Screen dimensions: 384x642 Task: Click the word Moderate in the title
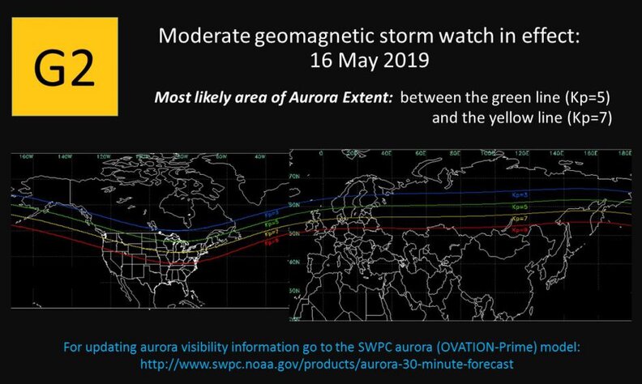(x=199, y=36)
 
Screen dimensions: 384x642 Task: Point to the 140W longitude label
(x=62, y=156)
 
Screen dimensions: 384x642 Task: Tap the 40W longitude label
(x=259, y=156)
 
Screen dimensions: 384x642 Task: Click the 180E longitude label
(x=623, y=152)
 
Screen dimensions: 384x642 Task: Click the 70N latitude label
(x=295, y=173)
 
